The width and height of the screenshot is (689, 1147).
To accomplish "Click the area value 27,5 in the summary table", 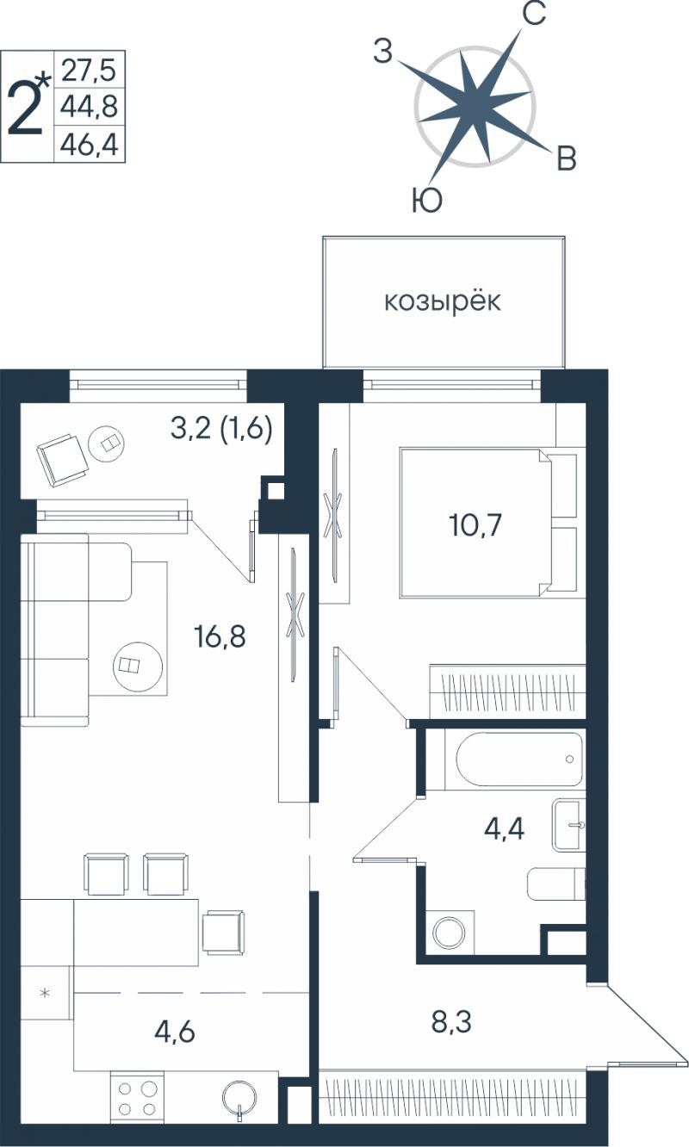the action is [x=89, y=70].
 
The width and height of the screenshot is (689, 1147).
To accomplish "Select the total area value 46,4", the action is [x=89, y=144].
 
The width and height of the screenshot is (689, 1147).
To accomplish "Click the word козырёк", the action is [x=443, y=301].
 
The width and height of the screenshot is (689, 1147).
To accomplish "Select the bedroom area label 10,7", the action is [x=475, y=525].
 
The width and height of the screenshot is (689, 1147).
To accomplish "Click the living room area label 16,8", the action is [x=220, y=636].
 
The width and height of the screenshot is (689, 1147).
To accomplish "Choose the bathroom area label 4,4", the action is [x=504, y=828].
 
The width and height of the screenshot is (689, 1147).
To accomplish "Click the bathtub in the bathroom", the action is [x=519, y=759].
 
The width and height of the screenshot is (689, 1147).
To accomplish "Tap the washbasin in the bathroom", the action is [x=568, y=826].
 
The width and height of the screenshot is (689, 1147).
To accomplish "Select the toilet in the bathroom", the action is [x=556, y=883].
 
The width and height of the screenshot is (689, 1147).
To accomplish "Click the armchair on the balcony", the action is [x=61, y=459].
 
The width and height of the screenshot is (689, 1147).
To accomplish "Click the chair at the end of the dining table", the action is [x=224, y=932].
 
